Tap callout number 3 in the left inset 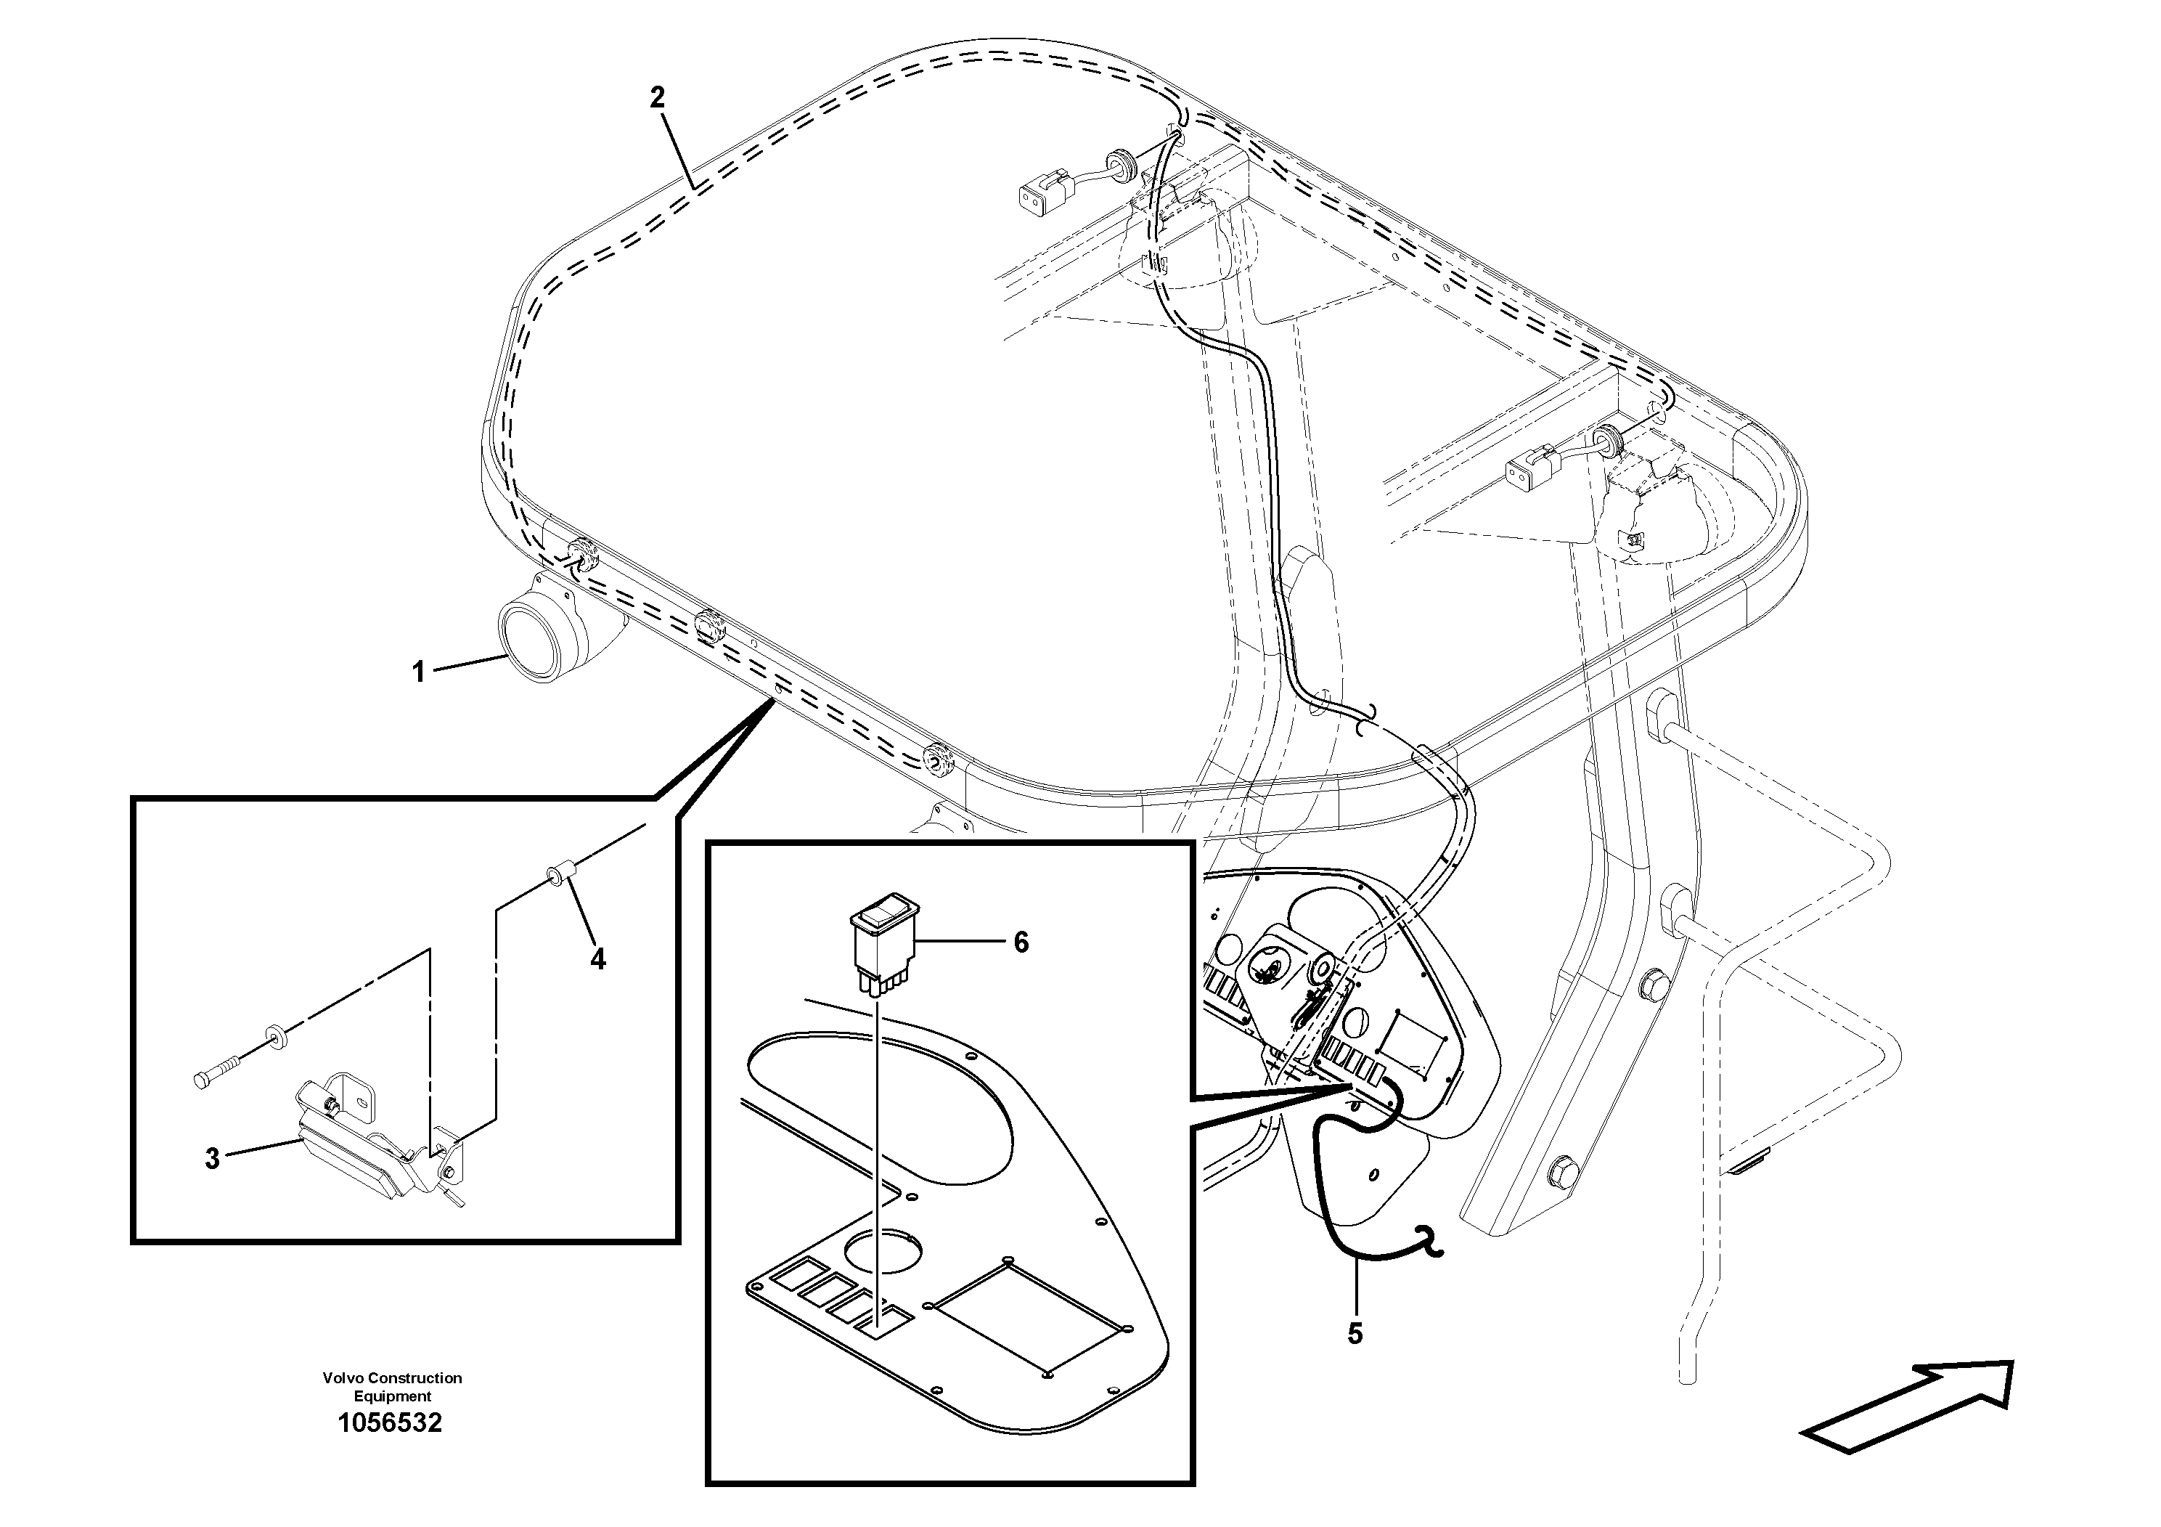[x=213, y=1158]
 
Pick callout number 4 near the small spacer [x=597, y=958]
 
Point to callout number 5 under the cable [x=1355, y=1333]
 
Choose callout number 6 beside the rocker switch [x=1021, y=942]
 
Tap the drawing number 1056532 [x=390, y=1422]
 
